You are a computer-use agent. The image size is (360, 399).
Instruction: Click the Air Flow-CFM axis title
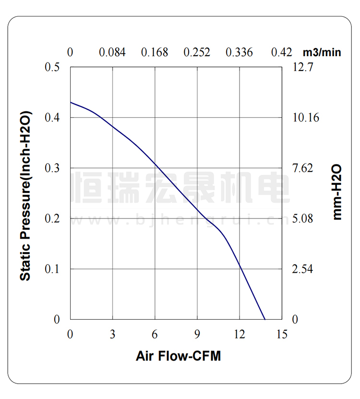178,356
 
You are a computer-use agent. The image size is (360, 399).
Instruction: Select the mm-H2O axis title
337,191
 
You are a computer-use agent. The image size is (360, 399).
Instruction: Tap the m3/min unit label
322,52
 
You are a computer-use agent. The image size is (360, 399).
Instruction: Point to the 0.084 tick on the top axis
112,52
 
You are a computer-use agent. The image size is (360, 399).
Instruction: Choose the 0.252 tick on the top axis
197,52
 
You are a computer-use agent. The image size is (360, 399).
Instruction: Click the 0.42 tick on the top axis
282,52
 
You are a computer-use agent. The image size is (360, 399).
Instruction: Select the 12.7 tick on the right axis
302,67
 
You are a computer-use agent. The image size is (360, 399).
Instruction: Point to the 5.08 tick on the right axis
302,218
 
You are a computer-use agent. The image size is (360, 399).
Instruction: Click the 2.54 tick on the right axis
302,269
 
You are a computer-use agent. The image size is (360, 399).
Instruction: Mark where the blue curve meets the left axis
71,102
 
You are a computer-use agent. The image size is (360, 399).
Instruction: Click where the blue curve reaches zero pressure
265,319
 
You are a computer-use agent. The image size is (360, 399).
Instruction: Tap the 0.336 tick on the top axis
239,52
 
